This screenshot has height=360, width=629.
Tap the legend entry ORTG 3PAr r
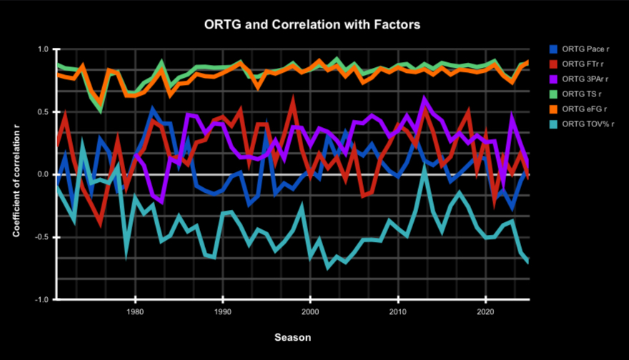(584, 79)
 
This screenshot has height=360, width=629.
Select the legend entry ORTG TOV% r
(585, 124)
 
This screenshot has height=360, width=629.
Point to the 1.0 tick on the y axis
(42, 49)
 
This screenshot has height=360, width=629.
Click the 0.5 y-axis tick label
(42, 112)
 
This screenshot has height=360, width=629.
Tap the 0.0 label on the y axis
(42, 174)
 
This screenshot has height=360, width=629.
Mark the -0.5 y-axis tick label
(41, 237)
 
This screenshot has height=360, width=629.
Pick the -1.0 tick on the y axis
(41, 299)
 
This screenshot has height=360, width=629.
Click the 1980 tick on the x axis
(134, 312)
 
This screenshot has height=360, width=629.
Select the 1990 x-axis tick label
(222, 312)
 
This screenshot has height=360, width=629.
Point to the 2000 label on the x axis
(310, 312)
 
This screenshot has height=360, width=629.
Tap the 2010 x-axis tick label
(398, 312)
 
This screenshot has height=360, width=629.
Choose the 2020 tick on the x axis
(486, 312)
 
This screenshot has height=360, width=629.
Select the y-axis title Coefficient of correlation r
(16, 174)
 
